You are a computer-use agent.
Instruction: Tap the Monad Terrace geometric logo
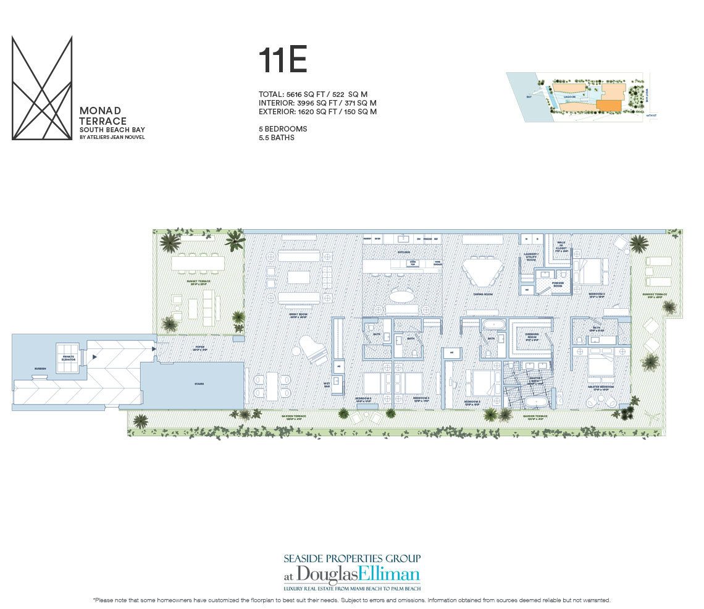pos(42,88)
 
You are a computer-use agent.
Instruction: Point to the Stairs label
pos(199,384)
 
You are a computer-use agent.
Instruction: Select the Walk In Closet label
pos(561,246)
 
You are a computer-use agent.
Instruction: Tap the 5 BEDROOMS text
pos(283,129)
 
